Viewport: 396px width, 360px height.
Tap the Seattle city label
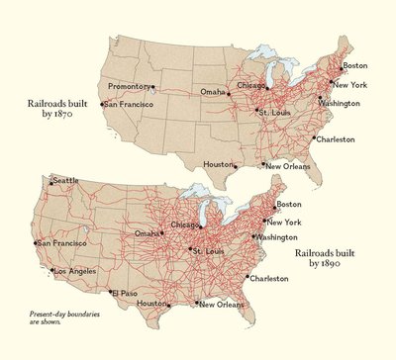(65, 181)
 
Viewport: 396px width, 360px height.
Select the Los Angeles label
(75, 271)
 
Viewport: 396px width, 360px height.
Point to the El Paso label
(126, 294)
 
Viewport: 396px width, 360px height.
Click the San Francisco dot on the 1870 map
(103, 104)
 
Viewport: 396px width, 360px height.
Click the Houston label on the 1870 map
(218, 164)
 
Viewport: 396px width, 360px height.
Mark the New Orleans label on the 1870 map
(289, 166)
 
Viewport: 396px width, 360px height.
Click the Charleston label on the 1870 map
(336, 139)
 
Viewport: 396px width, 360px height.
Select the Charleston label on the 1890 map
(271, 279)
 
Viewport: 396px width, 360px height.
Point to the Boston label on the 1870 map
(353, 65)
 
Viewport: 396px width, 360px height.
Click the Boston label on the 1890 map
(289, 205)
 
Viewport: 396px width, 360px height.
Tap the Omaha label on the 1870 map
(213, 92)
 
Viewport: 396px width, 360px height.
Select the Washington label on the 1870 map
(339, 103)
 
